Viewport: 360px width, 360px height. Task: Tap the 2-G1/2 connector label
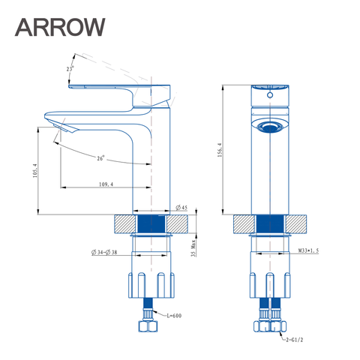294,340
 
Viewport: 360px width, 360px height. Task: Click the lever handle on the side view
120,89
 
